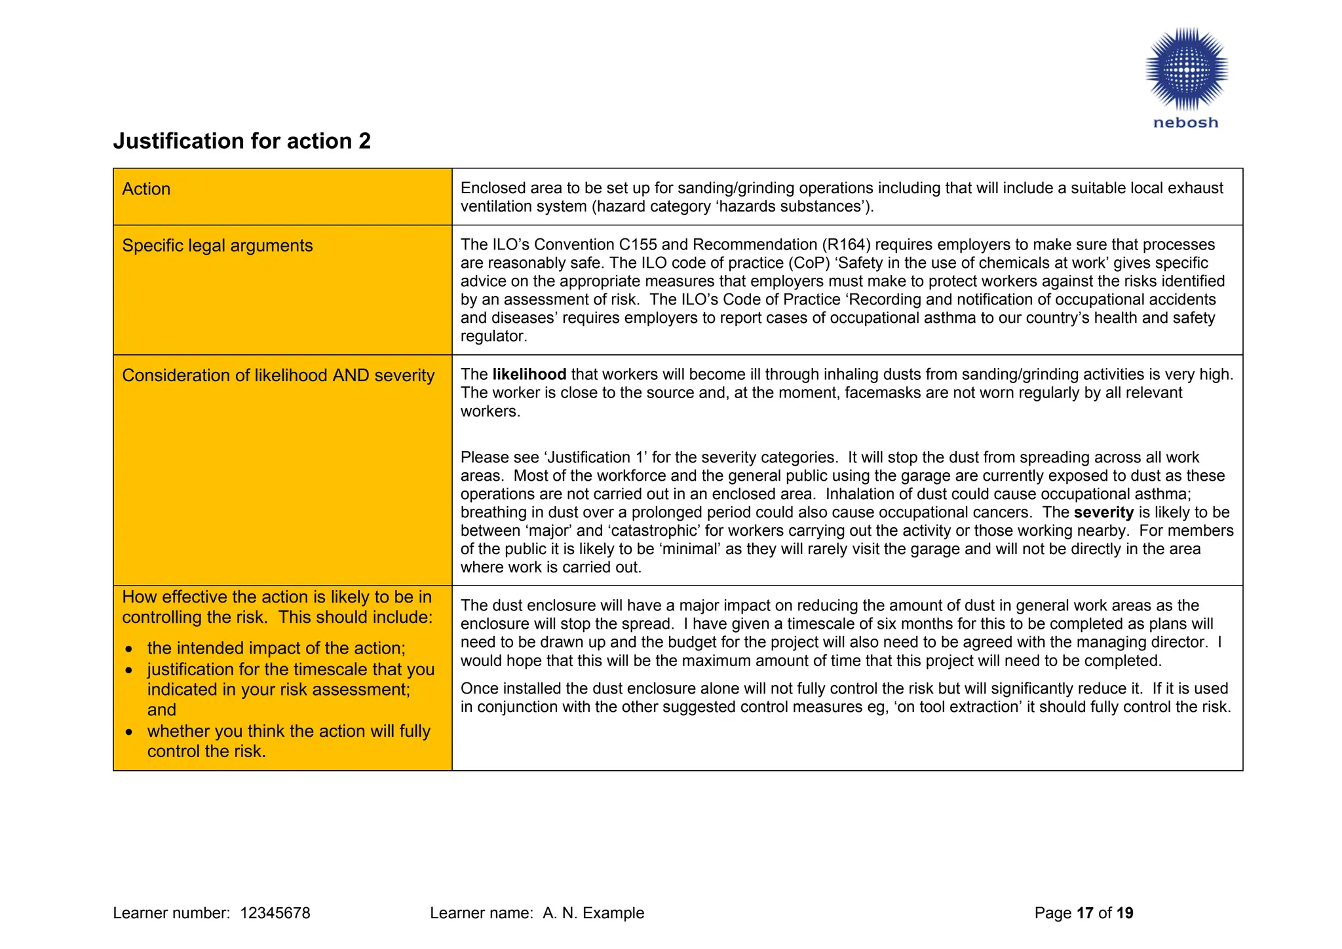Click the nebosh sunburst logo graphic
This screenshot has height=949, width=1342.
click(1186, 69)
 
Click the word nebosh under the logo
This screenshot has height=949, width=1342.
click(1185, 122)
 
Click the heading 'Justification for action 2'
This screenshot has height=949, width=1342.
click(242, 141)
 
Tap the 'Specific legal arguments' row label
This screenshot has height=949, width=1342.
click(218, 246)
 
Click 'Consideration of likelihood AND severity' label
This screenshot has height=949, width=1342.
click(278, 375)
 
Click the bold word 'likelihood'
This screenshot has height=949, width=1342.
click(529, 375)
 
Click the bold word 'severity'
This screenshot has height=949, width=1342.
click(1103, 513)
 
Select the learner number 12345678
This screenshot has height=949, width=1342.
click(275, 913)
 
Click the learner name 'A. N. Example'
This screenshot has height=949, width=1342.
click(593, 913)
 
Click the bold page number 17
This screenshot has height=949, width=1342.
click(1085, 913)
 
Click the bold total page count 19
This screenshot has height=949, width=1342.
click(1125, 913)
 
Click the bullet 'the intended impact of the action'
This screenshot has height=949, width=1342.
click(276, 648)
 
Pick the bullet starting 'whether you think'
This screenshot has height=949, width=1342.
click(288, 732)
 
